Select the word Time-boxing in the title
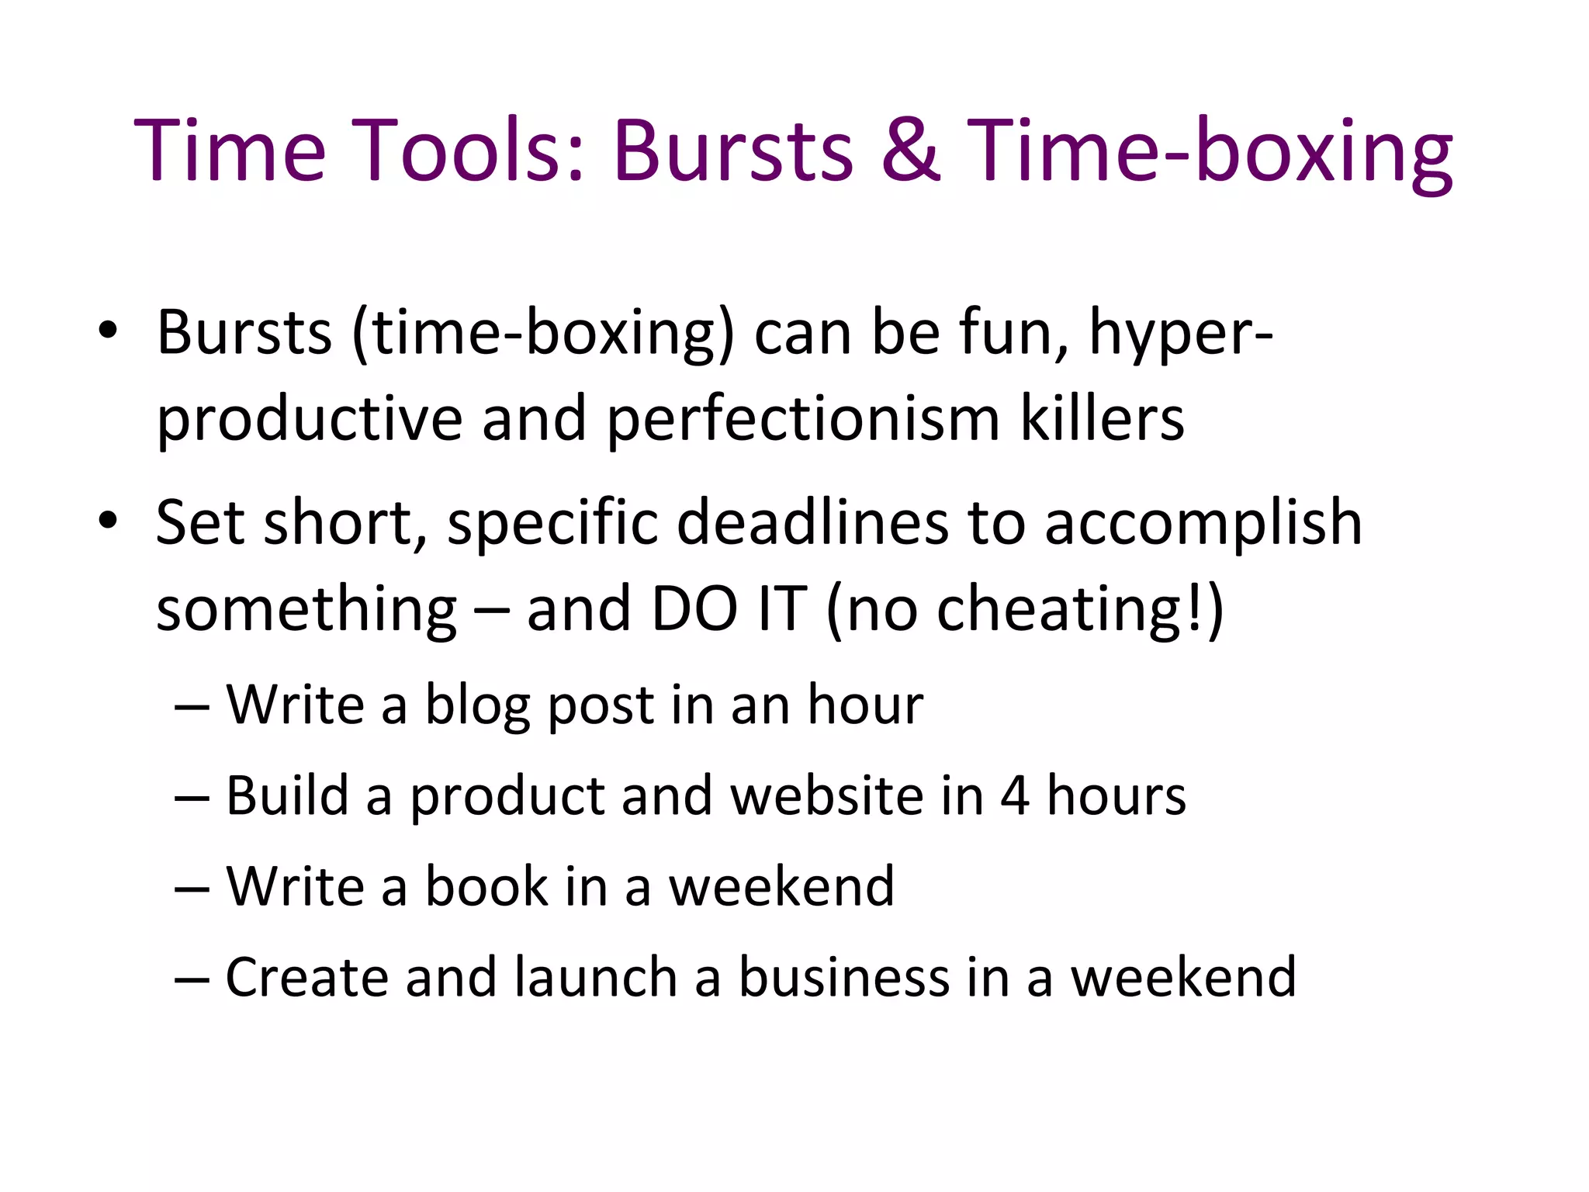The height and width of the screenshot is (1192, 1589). click(x=1210, y=151)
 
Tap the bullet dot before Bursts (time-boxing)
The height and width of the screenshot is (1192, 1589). click(x=108, y=331)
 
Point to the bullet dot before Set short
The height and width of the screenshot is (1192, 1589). click(x=108, y=521)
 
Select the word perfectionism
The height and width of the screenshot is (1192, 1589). click(x=802, y=419)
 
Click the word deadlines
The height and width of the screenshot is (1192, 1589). click(x=812, y=521)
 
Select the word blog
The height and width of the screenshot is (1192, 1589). click(x=477, y=706)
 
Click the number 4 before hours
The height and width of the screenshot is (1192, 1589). click(x=1015, y=796)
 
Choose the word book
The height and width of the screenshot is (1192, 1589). click(x=486, y=886)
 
